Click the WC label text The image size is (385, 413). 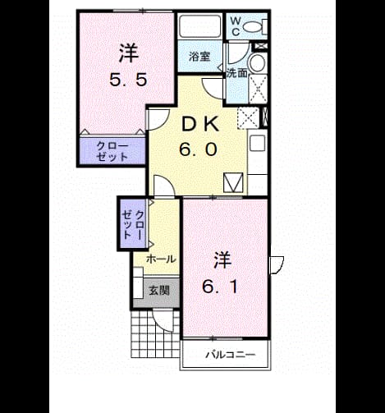pos(236,26)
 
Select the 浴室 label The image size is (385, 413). pos(199,57)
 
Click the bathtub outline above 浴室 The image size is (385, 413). pos(200,26)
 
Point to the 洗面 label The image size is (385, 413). pos(236,73)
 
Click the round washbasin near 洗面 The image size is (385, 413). pos(257,63)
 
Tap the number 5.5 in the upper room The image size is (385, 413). pos(128,80)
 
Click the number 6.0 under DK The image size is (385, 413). pos(199,149)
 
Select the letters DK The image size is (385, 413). pos(200,125)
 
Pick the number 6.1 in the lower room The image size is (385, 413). pos(220,287)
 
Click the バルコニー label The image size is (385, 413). pos(231,355)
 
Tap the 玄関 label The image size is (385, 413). pos(159,291)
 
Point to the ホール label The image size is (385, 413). pos(161,259)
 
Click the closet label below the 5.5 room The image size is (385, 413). pos(112,151)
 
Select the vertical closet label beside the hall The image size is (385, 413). pos(133,225)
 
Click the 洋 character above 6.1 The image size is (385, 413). pos(222,260)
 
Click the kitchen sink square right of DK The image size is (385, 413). pos(258,143)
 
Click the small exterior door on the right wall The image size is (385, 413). pos(277,265)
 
